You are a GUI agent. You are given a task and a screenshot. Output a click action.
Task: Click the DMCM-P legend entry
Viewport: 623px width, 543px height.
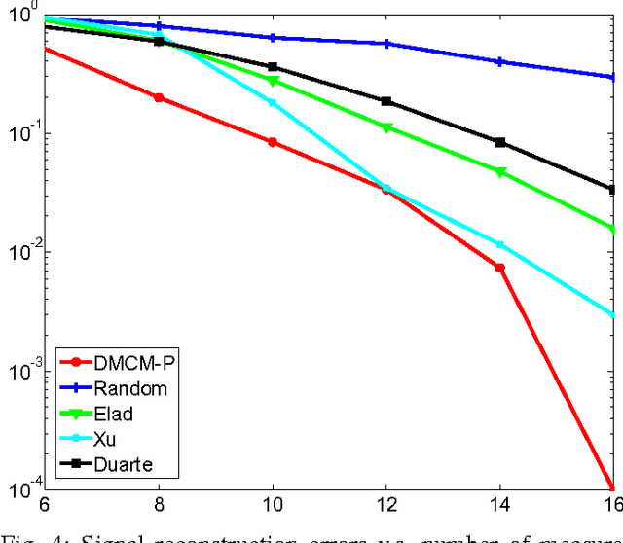pyautogui.click(x=126, y=362)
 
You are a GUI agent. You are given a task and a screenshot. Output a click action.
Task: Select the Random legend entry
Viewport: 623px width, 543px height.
pyautogui.click(x=126, y=387)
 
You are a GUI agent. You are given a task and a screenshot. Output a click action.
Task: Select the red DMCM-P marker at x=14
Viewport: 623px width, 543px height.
pyautogui.click(x=499, y=268)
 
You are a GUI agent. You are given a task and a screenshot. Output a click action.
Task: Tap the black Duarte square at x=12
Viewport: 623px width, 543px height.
pyautogui.click(x=386, y=101)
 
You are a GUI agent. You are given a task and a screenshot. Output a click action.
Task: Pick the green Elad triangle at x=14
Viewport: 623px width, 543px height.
pyautogui.click(x=499, y=172)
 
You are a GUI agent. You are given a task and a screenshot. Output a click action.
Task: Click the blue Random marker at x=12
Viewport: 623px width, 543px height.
pyautogui.click(x=386, y=44)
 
